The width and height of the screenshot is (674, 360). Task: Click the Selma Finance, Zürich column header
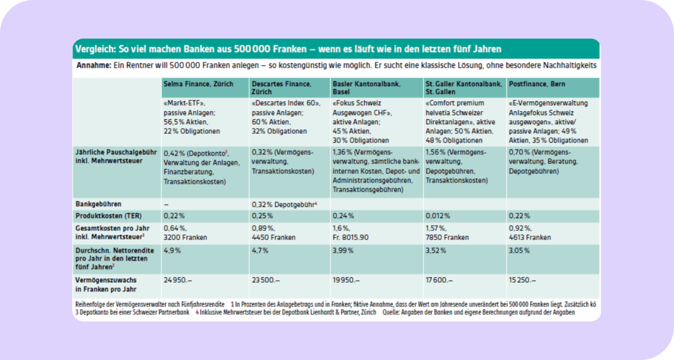coord(199,84)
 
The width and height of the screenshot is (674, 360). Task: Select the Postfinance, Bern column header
coord(537,84)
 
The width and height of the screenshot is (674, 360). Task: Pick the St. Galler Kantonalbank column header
coord(463,87)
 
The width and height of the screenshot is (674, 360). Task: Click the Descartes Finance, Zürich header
coord(281,87)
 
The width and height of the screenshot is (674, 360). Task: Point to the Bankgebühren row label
coord(98,204)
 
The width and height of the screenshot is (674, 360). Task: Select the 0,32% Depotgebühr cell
coord(284,204)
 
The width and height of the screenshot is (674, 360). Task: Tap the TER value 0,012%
coord(438,215)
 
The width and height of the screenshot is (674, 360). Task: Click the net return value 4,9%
coord(172,250)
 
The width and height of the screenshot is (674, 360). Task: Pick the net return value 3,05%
coord(520,250)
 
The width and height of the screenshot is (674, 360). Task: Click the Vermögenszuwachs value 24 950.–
coord(178,280)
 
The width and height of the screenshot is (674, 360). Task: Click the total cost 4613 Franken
coord(530,237)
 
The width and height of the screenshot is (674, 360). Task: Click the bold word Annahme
coord(93,66)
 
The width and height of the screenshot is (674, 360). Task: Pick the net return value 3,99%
coord(343,250)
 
